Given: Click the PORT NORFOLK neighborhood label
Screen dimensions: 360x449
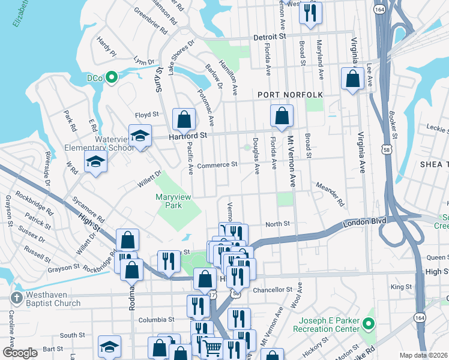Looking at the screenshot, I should pyautogui.click(x=291, y=95).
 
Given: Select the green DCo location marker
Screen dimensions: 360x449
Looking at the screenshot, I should pyautogui.click(x=111, y=77).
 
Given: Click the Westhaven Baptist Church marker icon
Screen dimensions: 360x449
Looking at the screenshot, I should pyautogui.click(x=16, y=298).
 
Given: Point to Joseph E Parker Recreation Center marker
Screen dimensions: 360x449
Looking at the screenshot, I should pyautogui.click(x=370, y=325).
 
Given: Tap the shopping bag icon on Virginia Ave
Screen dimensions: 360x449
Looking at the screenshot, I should pyautogui.click(x=352, y=79).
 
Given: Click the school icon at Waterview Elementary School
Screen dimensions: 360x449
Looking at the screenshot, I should pyautogui.click(x=140, y=136).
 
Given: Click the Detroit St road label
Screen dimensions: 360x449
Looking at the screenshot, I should pyautogui.click(x=269, y=37).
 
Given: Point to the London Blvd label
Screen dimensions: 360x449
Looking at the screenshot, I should pyautogui.click(x=363, y=224).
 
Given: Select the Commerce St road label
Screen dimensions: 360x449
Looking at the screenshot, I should pyautogui.click(x=217, y=164).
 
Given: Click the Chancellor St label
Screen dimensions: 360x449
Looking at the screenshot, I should pyautogui.click(x=273, y=289).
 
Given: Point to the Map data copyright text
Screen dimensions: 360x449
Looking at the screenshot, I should pyautogui.click(x=423, y=355).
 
